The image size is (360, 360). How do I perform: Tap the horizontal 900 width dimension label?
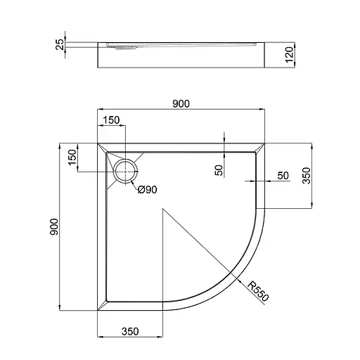point(181,103)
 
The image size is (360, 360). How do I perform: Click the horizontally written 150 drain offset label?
point(111,120)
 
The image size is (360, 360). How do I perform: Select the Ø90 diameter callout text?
point(146,188)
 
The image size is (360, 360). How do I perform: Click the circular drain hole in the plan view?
point(127,169)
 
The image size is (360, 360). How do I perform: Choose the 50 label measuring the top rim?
point(219,169)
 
